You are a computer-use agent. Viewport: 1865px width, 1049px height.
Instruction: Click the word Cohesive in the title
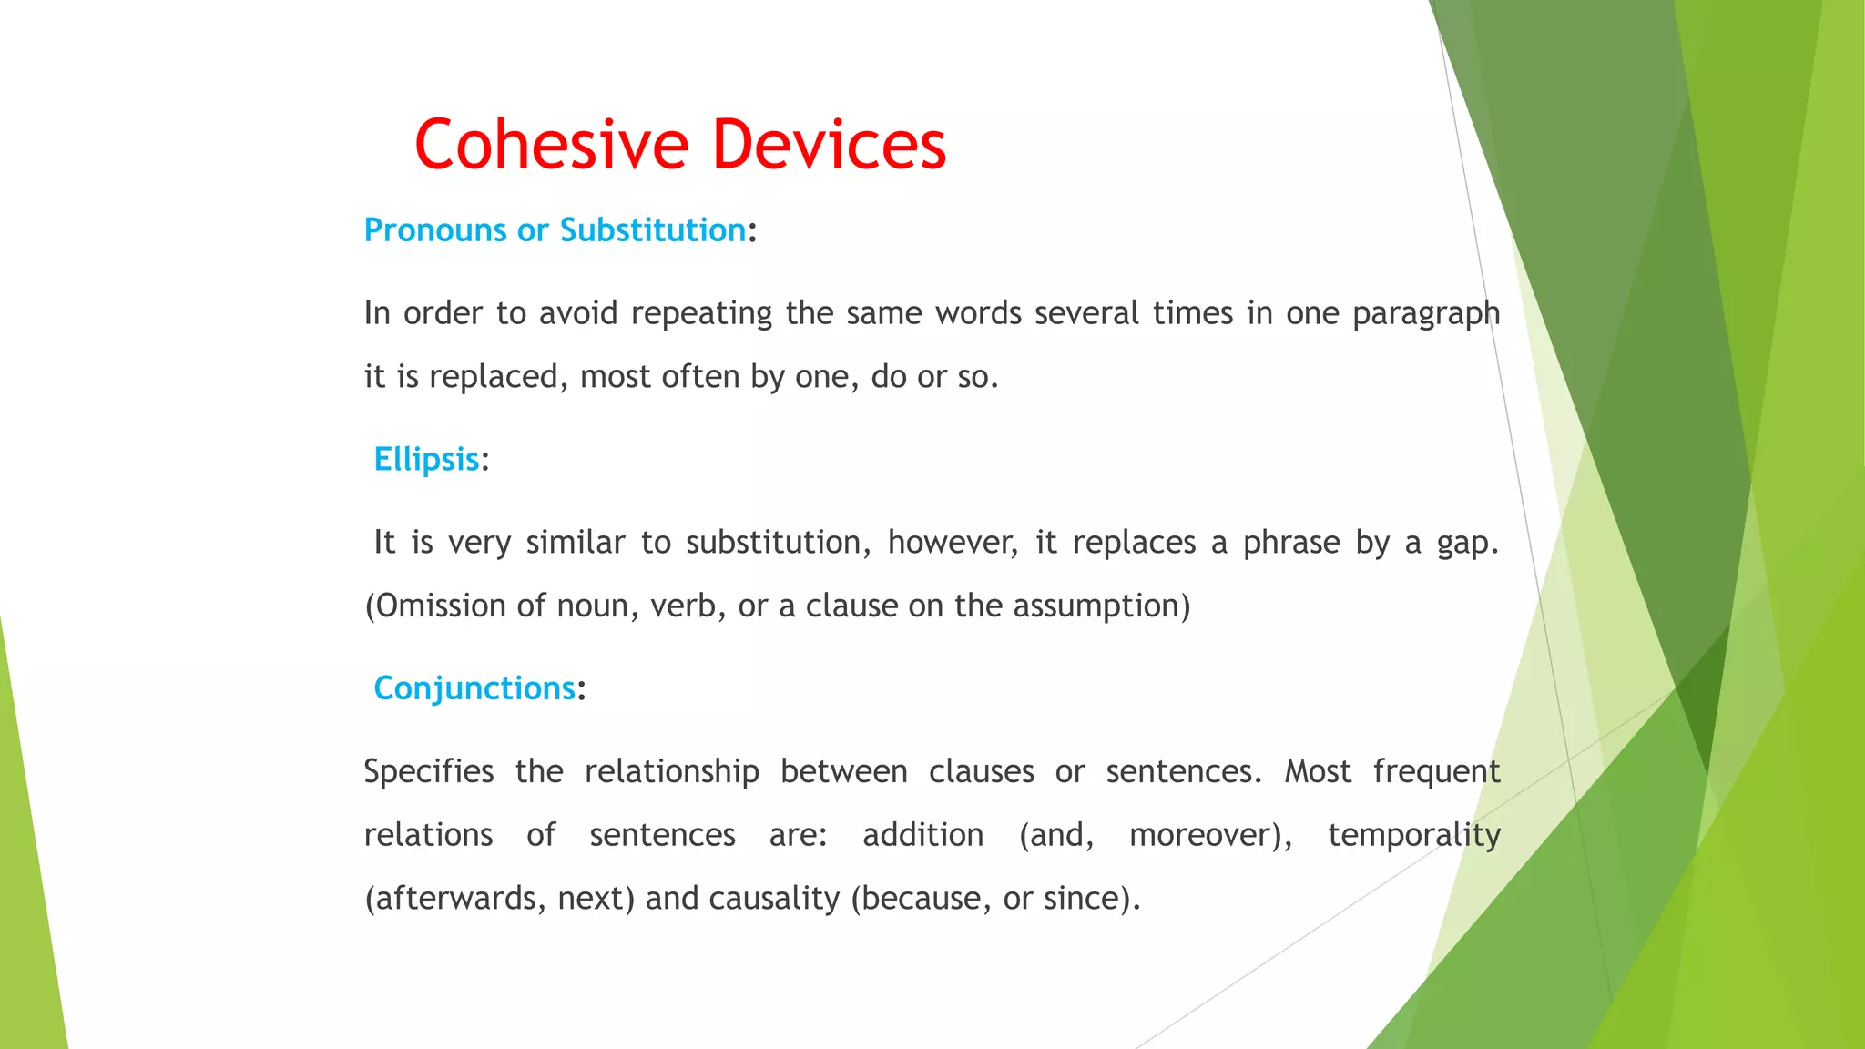tap(552, 145)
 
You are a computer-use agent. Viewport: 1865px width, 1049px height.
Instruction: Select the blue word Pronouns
tap(434, 230)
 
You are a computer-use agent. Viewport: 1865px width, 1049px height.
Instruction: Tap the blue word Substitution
tap(652, 230)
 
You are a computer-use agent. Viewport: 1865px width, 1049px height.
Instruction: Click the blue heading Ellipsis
tap(426, 459)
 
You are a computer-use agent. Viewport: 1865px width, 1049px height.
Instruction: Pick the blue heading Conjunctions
tap(474, 688)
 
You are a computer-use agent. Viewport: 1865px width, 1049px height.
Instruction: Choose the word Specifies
tap(428, 772)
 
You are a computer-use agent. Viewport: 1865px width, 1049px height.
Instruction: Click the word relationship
tap(671, 772)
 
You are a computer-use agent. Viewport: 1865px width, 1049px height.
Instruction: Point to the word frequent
tap(1436, 772)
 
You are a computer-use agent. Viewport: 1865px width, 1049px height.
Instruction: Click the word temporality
tap(1413, 835)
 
